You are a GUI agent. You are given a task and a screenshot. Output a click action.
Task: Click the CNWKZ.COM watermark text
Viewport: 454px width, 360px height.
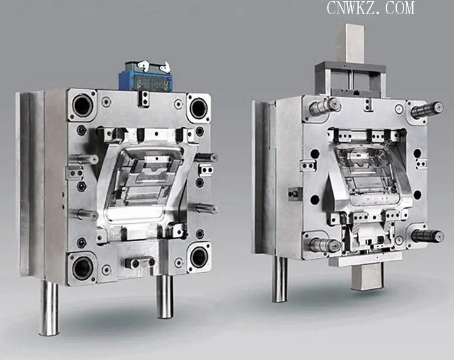coord(370,8)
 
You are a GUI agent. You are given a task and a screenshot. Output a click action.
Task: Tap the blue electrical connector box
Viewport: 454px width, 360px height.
coord(146,77)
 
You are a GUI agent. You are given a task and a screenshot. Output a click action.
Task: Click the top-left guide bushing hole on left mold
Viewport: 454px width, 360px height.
coord(82,105)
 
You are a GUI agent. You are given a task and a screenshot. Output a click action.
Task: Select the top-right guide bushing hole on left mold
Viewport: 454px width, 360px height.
coord(198,108)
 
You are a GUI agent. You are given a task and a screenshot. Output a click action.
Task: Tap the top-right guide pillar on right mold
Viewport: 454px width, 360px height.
coord(427,110)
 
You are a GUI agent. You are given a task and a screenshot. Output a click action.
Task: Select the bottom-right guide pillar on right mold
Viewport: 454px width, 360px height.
coord(428,236)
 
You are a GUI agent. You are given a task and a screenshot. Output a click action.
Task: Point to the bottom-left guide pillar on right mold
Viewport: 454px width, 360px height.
coord(325,245)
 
